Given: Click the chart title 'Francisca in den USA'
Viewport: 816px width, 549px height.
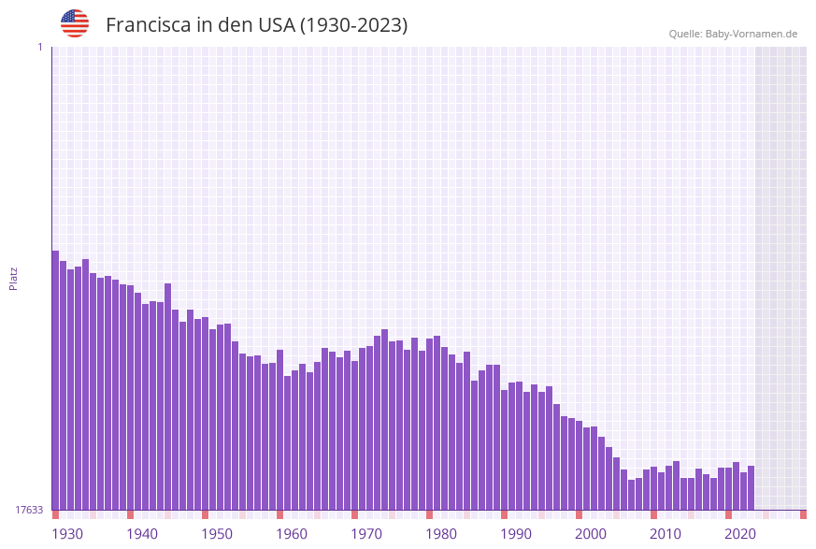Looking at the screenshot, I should pyautogui.click(x=256, y=25).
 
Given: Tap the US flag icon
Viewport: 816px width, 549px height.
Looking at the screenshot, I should pyautogui.click(x=75, y=23).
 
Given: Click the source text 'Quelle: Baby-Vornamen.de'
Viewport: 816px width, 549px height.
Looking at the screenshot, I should pyautogui.click(x=733, y=34).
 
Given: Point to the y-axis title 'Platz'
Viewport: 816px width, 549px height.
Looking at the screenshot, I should pyautogui.click(x=14, y=278).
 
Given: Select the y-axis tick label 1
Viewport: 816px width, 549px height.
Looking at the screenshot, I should pyautogui.click(x=39, y=47).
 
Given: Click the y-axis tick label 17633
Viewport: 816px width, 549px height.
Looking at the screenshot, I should pyautogui.click(x=29, y=510).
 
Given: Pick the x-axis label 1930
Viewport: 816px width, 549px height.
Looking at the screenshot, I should pyautogui.click(x=67, y=534).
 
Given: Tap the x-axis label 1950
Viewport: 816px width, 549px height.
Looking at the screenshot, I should pyautogui.click(x=217, y=534).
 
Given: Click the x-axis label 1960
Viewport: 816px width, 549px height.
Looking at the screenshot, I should pyautogui.click(x=292, y=534).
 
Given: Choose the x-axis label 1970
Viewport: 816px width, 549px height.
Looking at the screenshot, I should pyautogui.click(x=366, y=534).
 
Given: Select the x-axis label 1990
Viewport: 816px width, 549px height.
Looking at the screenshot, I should pyautogui.click(x=516, y=534).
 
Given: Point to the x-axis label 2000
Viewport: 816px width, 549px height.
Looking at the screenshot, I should pyautogui.click(x=591, y=534).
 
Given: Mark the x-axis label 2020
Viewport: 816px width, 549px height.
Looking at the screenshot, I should pyautogui.click(x=740, y=534).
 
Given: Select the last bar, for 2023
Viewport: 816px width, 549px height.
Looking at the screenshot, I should pyautogui.click(x=751, y=487).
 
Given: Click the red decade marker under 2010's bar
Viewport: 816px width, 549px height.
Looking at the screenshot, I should pyautogui.click(x=653, y=514).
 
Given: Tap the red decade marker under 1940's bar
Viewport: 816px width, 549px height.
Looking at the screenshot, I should pyautogui.click(x=130, y=514).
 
